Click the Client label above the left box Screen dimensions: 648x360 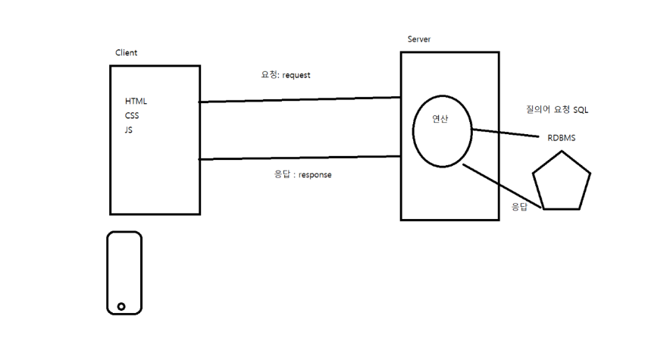point(126,52)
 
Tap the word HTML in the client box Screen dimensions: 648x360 point(136,102)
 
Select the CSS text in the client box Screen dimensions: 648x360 point(132,116)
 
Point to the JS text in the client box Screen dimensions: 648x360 point(129,130)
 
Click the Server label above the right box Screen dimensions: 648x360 point(419,39)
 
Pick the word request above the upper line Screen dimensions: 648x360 point(296,76)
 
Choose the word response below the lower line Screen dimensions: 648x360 point(315,174)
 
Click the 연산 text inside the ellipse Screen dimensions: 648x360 point(440,118)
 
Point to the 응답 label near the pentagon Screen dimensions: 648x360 point(519,206)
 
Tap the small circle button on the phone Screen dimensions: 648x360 point(121,306)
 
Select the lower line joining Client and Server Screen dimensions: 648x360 point(299,158)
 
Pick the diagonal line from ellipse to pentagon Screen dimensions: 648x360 point(500,186)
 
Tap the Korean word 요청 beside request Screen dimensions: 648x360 point(268,76)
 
